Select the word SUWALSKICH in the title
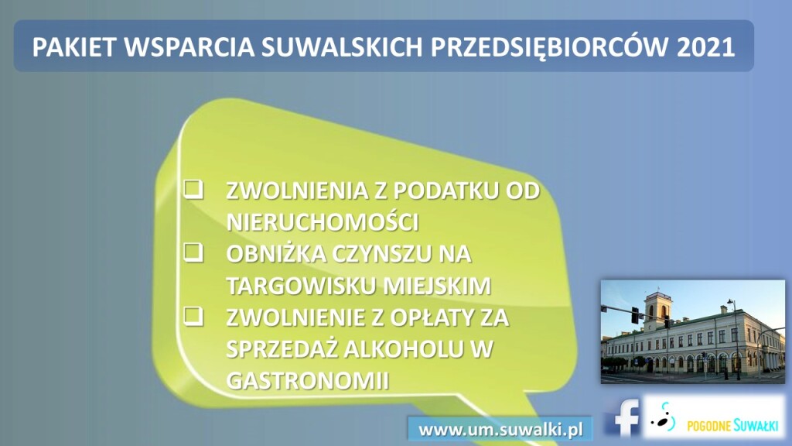pos(342,46)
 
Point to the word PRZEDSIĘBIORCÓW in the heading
pos(549,47)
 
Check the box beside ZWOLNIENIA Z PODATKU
pos(193,189)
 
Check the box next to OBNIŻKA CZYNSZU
pos(193,252)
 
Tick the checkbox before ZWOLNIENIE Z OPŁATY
pos(193,316)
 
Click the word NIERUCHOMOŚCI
pos(323,221)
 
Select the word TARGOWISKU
pos(301,286)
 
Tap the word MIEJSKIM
pos(437,286)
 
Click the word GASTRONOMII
pos(308,380)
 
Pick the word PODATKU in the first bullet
pos(445,190)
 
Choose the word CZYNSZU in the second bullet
pos(381,254)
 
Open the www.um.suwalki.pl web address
pos(500,430)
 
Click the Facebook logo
pos(623,417)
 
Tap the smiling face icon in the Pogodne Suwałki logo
pos(664,418)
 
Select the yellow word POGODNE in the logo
pos(708,427)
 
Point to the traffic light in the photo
pos(635,314)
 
